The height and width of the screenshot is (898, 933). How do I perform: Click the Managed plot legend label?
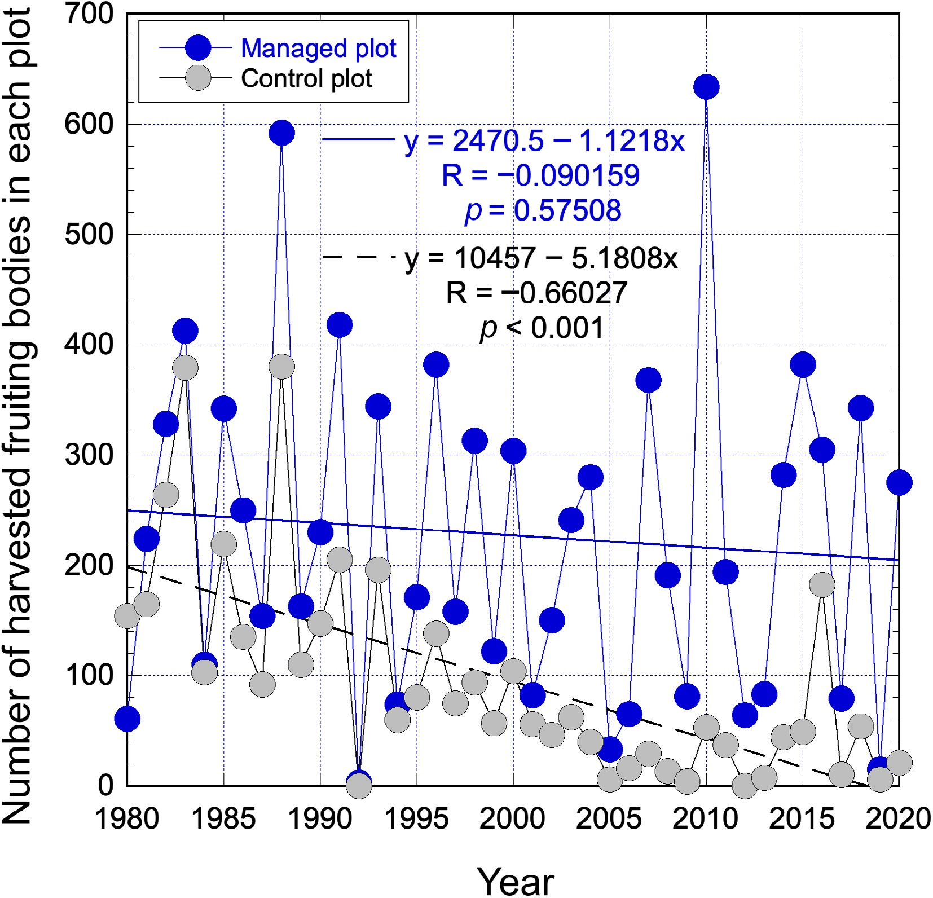coord(318,49)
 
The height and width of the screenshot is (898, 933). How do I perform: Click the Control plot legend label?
coord(306,78)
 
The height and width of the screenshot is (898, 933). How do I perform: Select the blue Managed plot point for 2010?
coord(706,87)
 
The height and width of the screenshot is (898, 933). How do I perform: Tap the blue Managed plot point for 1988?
coord(281,133)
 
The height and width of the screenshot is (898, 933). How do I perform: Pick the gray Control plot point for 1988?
coord(281,367)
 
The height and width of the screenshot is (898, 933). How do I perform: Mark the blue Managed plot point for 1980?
coord(127,719)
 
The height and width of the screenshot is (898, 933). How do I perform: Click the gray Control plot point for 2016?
coord(822,585)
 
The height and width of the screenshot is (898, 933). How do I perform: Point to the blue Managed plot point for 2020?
coord(899,482)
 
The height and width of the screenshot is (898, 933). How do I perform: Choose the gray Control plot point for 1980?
coord(127,616)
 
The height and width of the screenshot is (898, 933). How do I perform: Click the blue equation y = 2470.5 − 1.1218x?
coord(544,140)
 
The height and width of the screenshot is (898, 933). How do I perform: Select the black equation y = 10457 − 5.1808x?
coord(541,258)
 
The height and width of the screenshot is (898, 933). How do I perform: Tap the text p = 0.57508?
coord(543,210)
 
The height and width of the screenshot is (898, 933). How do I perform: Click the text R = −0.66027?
coord(536,293)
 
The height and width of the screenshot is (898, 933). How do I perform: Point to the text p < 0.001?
coord(542,328)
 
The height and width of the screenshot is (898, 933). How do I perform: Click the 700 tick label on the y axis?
coord(89,14)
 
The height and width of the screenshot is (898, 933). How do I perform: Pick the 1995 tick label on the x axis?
coord(416,819)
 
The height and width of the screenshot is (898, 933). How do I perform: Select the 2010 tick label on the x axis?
coord(705,819)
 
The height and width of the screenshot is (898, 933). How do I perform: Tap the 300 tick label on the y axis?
coord(89,455)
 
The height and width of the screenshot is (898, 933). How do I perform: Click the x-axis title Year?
coord(515,881)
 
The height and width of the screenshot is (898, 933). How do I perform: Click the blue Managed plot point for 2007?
coord(648,380)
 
